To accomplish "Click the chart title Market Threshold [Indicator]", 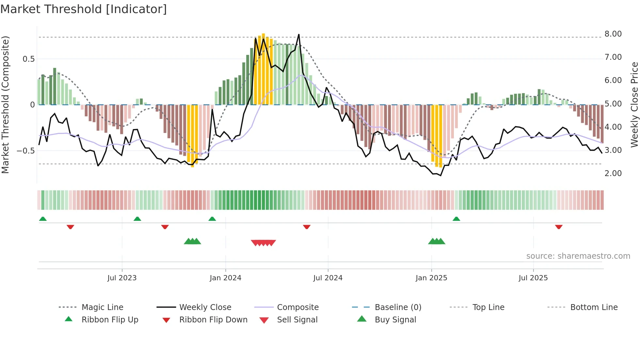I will (84, 9).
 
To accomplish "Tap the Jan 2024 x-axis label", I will (225, 278).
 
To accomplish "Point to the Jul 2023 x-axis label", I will (122, 278).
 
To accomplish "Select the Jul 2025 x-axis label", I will (533, 278).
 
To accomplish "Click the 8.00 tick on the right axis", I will (613, 34).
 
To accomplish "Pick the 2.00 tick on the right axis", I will (613, 173).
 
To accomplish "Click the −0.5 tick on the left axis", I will (25, 151).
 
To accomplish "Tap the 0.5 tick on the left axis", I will (28, 59).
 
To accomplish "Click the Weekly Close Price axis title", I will (634, 105).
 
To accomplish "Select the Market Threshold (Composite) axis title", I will (5, 105).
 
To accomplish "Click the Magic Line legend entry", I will (102, 307).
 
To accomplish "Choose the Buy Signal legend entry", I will (395, 320).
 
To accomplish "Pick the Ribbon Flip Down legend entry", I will (213, 320).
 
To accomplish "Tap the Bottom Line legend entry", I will (594, 307).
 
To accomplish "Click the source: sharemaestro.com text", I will (578, 256).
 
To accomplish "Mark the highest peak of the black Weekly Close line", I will (298, 35).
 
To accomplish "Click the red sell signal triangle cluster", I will (263, 243).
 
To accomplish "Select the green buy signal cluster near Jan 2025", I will (437, 241).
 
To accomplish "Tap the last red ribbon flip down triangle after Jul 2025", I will (559, 227).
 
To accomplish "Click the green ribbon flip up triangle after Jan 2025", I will (456, 219).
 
